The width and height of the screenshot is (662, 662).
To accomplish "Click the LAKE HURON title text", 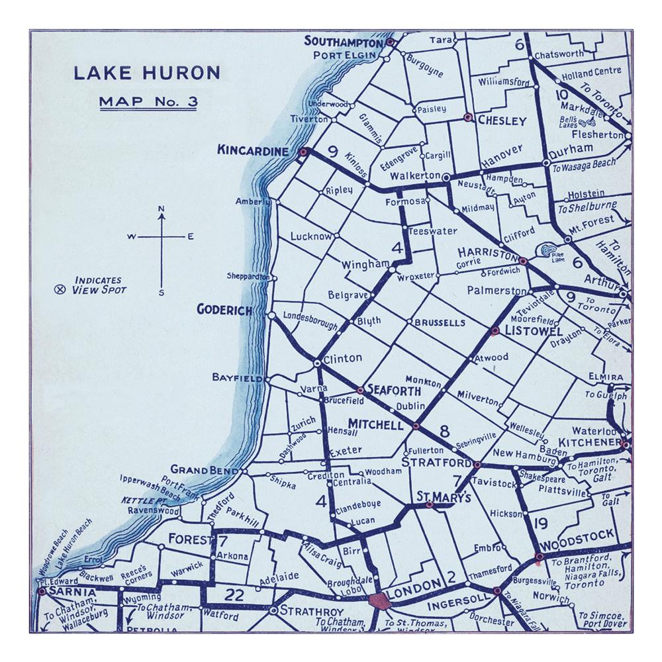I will pyautogui.click(x=146, y=73).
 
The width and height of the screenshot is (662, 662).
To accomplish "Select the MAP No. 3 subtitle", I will pyautogui.click(x=146, y=102).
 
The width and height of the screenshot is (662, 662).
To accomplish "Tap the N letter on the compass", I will pyautogui.click(x=161, y=211).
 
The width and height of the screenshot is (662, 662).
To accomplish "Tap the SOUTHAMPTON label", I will pyautogui.click(x=344, y=42).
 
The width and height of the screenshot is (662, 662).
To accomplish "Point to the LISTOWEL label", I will pyautogui.click(x=524, y=330).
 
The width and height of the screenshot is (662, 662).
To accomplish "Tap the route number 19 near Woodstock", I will pyautogui.click(x=539, y=525).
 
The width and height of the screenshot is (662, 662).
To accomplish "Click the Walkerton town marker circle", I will pyautogui.click(x=446, y=177).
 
